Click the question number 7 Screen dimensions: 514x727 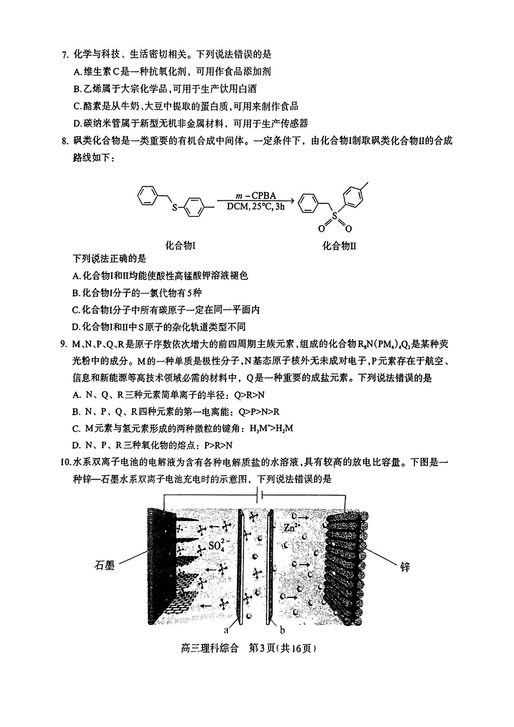pos(65,54)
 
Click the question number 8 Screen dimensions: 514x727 pos(65,141)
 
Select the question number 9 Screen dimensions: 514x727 pos(64,344)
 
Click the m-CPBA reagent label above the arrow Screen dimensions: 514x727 pos(256,195)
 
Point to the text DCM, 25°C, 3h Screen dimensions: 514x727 pos(255,206)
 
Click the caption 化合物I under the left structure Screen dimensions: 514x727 pos(180,245)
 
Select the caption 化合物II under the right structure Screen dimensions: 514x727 pos(339,245)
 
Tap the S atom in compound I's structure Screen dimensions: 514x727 pos(175,207)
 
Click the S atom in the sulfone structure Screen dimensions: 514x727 pos(335,215)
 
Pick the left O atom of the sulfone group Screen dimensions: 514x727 pos(321,229)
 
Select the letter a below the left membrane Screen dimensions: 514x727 pos(226,630)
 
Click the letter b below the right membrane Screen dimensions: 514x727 pos(282,630)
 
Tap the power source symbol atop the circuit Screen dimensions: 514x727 pos(259,496)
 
